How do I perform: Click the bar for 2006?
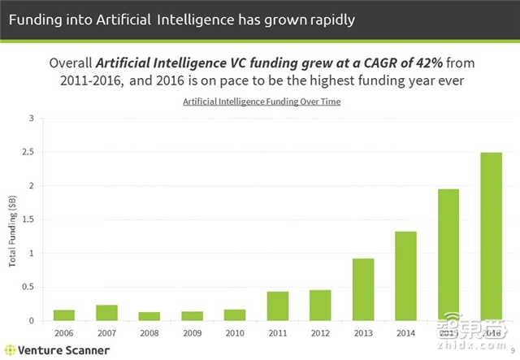click(x=63, y=315)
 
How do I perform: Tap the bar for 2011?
click(x=278, y=306)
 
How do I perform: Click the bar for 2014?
click(x=405, y=276)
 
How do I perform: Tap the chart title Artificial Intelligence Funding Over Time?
click(x=261, y=102)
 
